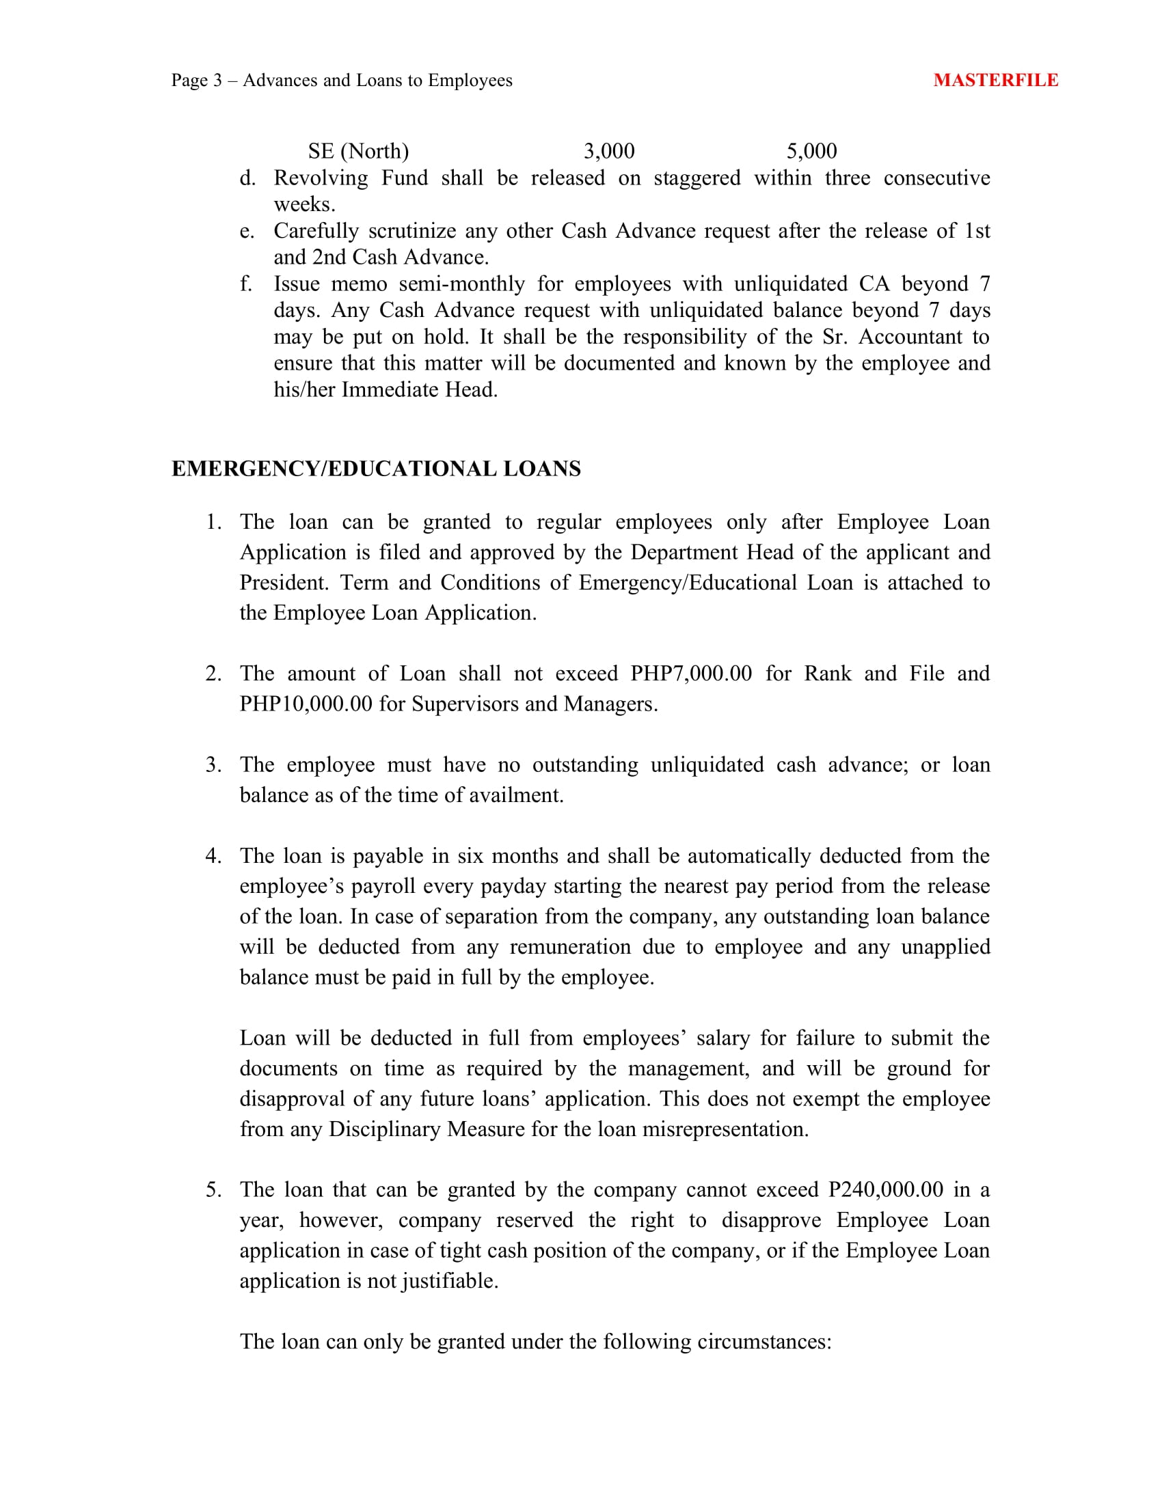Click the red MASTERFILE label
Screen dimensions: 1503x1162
pos(995,80)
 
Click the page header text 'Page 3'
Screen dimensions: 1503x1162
pos(197,81)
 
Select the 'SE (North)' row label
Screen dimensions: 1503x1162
pos(358,151)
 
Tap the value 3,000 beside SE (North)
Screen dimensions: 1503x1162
pos(608,151)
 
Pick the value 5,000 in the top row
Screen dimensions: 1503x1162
pos(811,151)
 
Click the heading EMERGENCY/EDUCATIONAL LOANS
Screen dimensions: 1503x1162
pos(376,469)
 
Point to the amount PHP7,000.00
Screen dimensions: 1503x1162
pos(691,673)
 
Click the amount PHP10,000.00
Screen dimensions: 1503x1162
pos(306,703)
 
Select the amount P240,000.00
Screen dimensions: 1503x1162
pos(886,1189)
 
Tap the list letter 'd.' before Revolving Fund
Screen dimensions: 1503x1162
pos(248,178)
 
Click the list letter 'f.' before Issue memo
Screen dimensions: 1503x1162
pos(247,284)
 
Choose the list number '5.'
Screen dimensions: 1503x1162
pos(213,1189)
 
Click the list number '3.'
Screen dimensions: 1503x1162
pos(213,764)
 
